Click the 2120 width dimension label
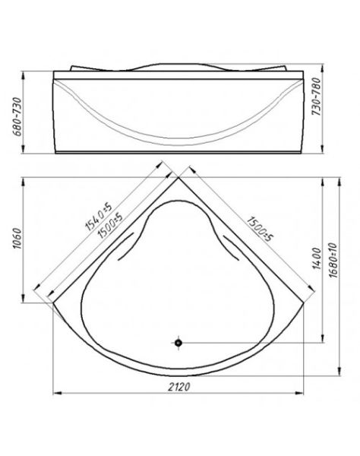click(179, 387)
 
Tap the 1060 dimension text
click(17, 239)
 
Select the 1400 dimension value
click(317, 258)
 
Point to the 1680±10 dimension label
click(333, 260)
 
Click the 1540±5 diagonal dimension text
click(98, 216)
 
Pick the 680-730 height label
click(17, 116)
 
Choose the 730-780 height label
click(316, 97)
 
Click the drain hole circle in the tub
click(178, 343)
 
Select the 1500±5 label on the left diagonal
click(110, 225)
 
